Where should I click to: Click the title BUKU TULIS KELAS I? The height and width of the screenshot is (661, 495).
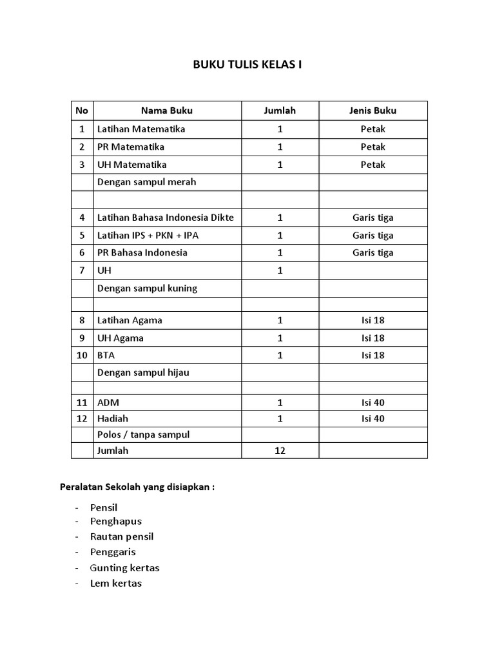(247, 65)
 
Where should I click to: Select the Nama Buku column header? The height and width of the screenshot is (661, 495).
(167, 110)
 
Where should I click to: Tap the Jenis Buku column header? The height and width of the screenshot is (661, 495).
(373, 110)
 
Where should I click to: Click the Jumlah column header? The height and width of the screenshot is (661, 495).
(280, 110)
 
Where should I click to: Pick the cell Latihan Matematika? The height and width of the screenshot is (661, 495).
(141, 129)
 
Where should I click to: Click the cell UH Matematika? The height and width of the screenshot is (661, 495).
(132, 165)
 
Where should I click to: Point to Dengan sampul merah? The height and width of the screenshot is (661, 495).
(147, 182)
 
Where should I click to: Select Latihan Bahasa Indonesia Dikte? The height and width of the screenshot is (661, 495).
(166, 218)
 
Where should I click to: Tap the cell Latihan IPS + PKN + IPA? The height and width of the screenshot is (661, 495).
(148, 235)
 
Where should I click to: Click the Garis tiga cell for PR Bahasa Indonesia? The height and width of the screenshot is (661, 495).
(373, 252)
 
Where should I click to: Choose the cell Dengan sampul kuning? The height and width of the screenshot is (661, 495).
(148, 288)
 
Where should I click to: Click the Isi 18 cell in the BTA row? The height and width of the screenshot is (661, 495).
(373, 355)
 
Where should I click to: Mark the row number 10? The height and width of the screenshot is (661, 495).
(82, 355)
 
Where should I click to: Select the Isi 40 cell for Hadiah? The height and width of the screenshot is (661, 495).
(373, 419)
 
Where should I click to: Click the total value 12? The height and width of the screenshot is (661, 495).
(280, 451)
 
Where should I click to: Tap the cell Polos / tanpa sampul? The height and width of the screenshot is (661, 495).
(144, 434)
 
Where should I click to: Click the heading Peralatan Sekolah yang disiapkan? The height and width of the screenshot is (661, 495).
(137, 487)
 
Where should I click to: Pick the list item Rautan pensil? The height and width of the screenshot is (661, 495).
(122, 536)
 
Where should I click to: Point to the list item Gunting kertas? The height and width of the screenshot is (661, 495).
(125, 568)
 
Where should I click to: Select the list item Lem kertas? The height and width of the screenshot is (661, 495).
(117, 584)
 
